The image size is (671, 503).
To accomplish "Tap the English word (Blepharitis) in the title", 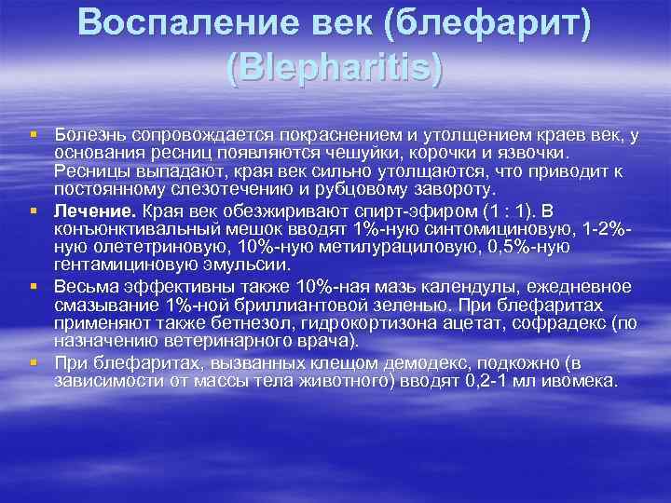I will click(x=334, y=68).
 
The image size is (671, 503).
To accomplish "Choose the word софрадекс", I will click(x=536, y=323).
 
